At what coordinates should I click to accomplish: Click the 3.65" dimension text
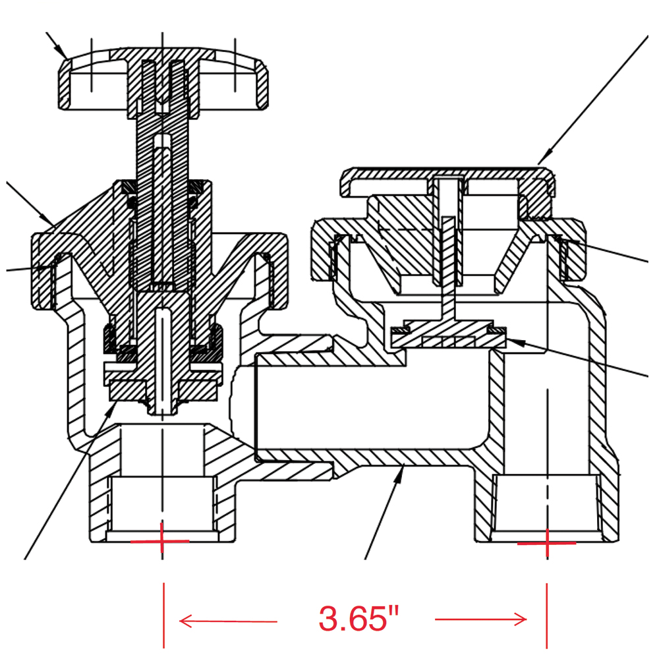(x=359, y=619)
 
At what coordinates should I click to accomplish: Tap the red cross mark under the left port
(x=161, y=541)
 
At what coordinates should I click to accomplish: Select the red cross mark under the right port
(x=547, y=544)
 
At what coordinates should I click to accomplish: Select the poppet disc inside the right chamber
(x=443, y=335)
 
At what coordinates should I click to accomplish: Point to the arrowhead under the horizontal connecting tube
(x=399, y=471)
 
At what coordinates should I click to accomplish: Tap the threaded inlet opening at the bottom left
(x=161, y=504)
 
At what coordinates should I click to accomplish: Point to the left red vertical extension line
(x=163, y=613)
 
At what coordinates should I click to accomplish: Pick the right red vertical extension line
(x=546, y=613)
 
